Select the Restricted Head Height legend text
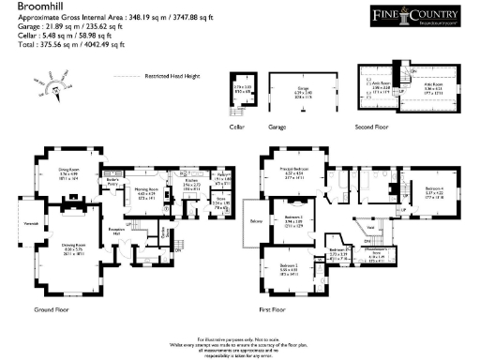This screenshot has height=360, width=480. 165,78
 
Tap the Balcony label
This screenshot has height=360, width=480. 256,221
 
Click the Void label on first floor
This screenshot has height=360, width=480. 370,228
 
